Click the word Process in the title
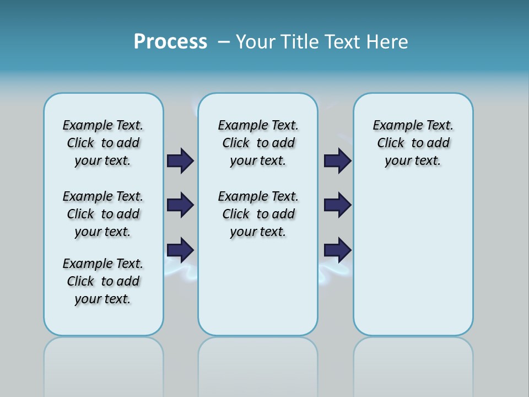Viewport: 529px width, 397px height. pos(170,42)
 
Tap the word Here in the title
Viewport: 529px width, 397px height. pos(388,42)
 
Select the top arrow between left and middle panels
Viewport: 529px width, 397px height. pos(180,160)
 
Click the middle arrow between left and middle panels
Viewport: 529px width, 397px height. pos(180,205)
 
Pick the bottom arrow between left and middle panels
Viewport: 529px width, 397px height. pos(180,250)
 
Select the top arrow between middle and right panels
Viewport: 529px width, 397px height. pos(337,160)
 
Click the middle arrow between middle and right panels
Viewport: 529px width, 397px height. pos(337,205)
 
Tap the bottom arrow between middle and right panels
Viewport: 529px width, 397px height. pos(337,250)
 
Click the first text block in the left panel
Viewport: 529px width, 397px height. pos(103,143)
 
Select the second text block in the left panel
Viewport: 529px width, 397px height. pos(103,214)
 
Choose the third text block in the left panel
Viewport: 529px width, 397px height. pos(103,281)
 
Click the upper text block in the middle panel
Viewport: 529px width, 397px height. pos(258,143)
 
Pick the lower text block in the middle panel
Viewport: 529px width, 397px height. pos(258,214)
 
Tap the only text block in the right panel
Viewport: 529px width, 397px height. pos(413,143)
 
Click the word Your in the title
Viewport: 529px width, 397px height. pos(256,42)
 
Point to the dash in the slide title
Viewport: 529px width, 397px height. pos(224,42)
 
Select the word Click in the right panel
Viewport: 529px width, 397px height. pos(391,143)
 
